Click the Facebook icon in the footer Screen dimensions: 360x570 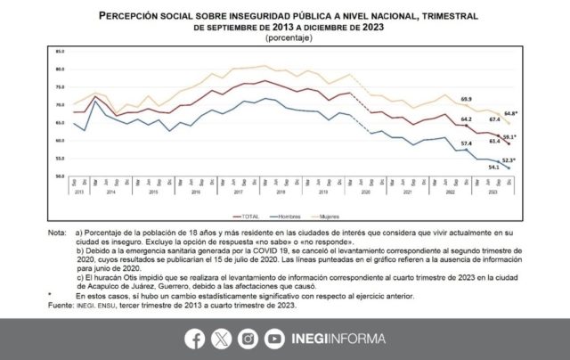click(x=194, y=338)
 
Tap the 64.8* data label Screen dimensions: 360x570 click(x=510, y=113)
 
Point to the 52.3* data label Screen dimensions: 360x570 click(x=509, y=160)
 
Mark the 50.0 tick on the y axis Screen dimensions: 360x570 click(x=61, y=176)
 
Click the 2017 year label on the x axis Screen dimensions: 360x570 click(x=240, y=192)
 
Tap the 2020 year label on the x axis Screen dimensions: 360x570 click(x=365, y=192)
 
